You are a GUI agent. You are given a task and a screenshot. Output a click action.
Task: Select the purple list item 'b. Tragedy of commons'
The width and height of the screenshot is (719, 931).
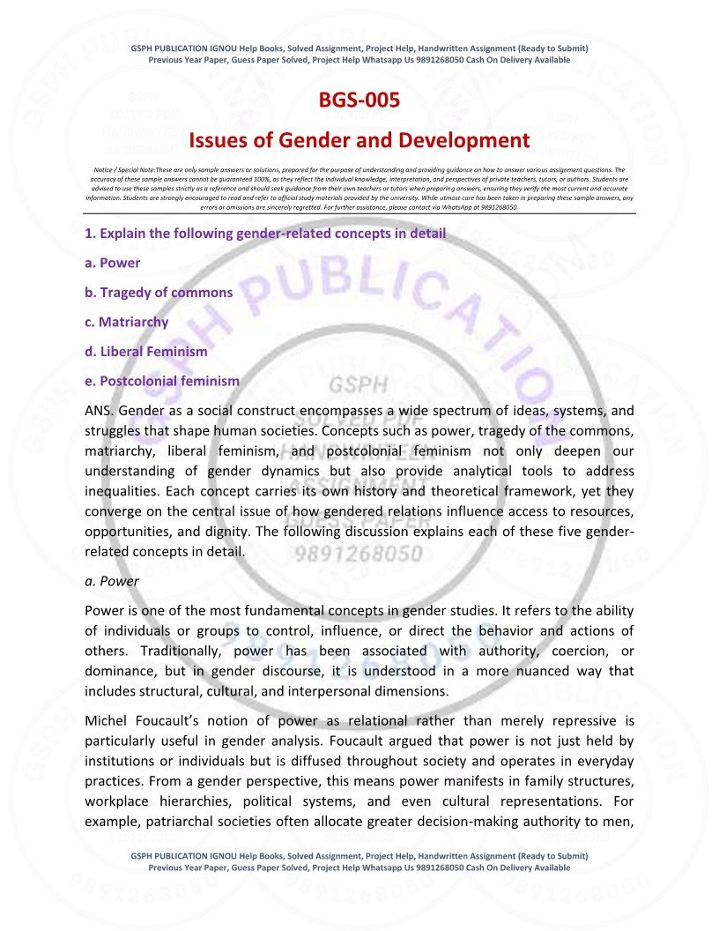[x=159, y=292]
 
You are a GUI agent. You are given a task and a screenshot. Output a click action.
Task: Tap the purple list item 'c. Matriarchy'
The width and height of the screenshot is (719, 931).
[x=126, y=322]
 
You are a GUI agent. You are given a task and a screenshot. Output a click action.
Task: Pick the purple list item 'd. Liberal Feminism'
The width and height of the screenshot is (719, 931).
[x=145, y=351]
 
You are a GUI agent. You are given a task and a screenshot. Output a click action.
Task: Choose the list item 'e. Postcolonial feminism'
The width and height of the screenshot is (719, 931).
[x=161, y=381]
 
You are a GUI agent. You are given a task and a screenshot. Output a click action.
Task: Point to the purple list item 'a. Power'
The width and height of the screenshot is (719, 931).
[x=112, y=263]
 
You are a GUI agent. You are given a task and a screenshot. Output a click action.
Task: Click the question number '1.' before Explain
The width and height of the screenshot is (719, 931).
[x=90, y=234]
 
